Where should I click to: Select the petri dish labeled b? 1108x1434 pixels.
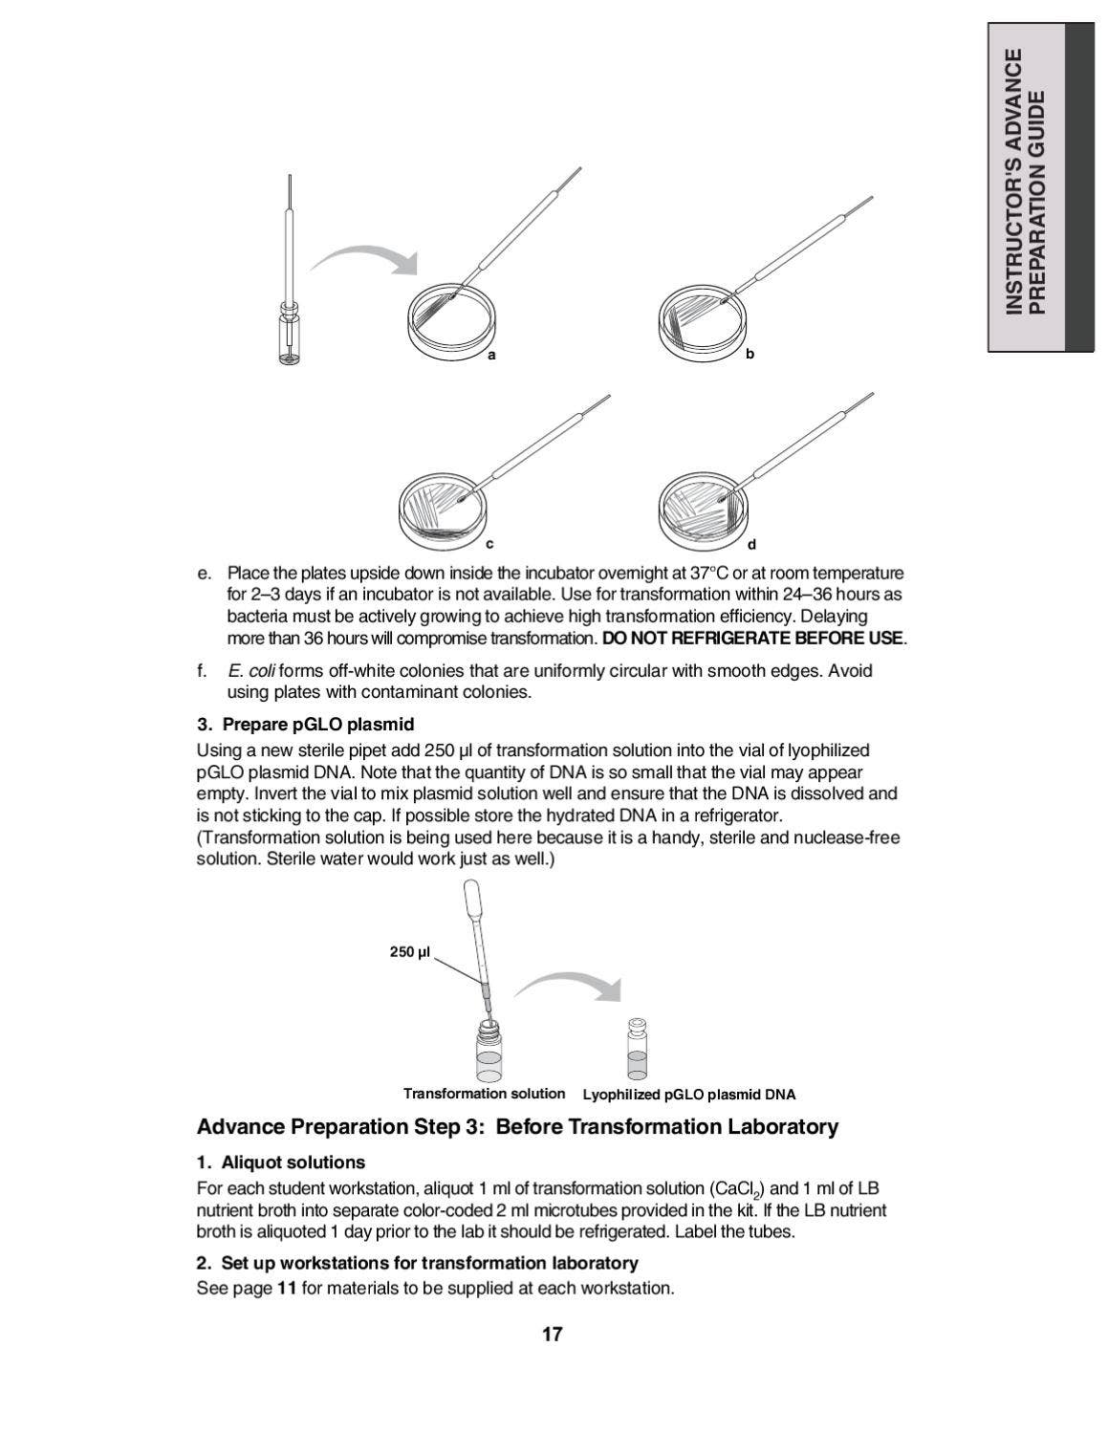(x=703, y=321)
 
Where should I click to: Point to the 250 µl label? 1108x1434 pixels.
(x=410, y=952)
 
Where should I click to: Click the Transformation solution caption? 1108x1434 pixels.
(x=484, y=1094)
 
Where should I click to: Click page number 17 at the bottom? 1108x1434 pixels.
(x=553, y=1335)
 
